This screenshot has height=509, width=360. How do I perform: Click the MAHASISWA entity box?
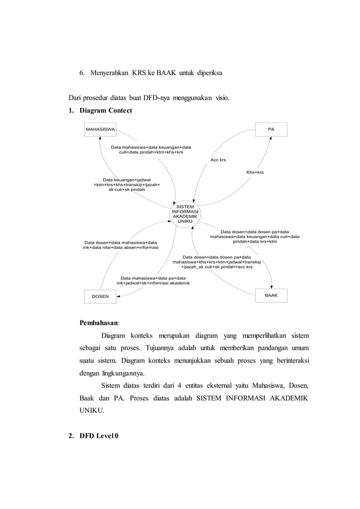pos(100,129)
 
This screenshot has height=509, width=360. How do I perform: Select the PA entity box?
pos(271,129)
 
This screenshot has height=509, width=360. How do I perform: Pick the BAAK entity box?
pos(271,295)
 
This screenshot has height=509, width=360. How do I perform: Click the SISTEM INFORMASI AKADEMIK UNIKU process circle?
pos(186,215)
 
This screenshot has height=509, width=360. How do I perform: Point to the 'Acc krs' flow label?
pos(218,160)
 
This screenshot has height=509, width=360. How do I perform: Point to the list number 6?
pos(81,73)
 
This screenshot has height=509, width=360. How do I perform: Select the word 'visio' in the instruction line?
pos(221,97)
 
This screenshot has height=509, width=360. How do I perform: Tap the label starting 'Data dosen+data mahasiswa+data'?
pos(121,245)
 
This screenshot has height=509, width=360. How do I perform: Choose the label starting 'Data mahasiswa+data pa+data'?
pos(153,280)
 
